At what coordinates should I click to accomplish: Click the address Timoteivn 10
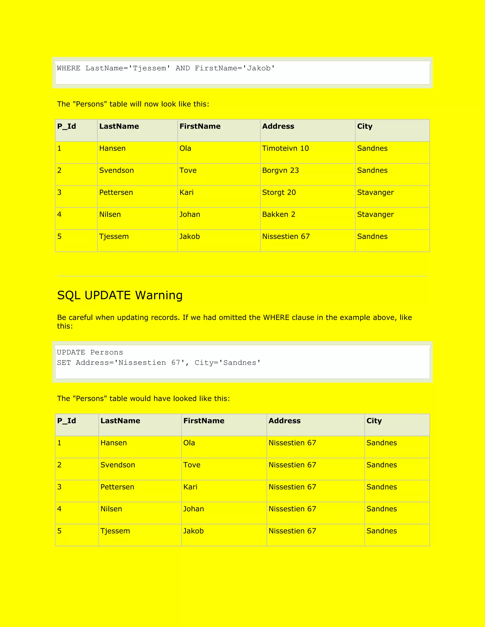pos(285,148)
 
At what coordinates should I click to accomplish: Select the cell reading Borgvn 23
pos(280,171)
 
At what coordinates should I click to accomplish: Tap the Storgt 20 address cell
pos(279,192)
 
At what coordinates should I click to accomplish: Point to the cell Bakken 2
pos(278,214)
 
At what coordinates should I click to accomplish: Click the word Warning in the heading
pos(159,296)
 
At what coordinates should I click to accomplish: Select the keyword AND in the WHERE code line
pos(183,68)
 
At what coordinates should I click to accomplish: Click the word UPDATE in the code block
pos(71,352)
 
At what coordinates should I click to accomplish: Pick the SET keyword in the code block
pos(64,362)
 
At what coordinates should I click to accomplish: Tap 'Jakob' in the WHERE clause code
pos(259,68)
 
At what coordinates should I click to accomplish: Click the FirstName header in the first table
pos(200,126)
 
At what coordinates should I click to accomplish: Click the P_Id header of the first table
pos(67,126)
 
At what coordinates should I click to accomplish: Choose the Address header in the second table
pos(284,421)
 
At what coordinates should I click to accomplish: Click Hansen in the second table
pos(113,443)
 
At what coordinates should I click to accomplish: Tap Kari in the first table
pos(186,192)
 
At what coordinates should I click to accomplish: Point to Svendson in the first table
pos(116,171)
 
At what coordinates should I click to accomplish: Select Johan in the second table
pos(193,509)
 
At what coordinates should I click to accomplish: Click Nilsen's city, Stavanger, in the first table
pos(375,214)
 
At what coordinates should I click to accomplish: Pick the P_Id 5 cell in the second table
pos(59,531)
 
